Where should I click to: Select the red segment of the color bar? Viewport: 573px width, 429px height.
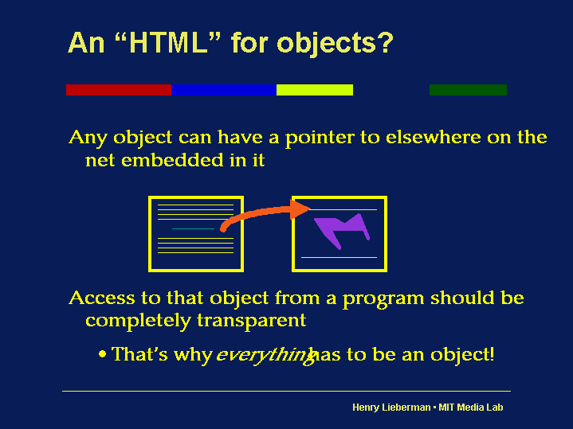point(118,90)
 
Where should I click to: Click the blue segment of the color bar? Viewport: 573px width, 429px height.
point(223,90)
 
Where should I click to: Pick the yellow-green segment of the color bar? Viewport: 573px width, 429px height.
point(314,90)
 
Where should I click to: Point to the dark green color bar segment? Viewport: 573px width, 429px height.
point(468,90)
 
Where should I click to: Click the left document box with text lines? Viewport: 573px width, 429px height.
point(196,233)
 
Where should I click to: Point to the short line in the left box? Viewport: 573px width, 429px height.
point(194,228)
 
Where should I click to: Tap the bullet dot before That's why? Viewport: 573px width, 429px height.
point(104,353)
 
